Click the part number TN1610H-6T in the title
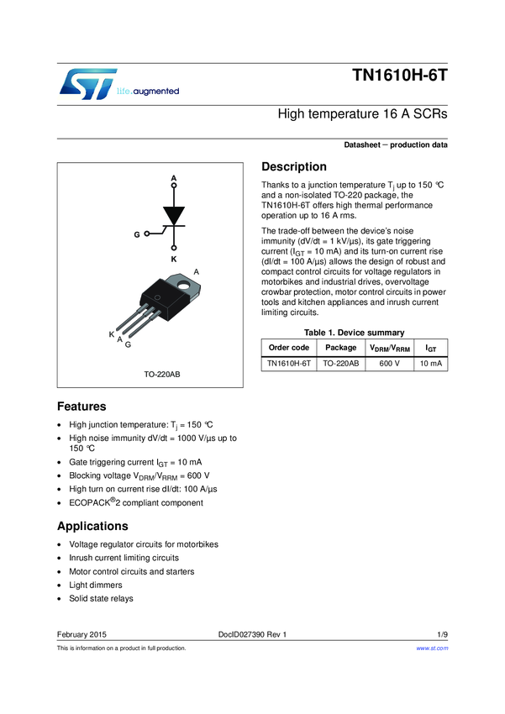click(x=400, y=75)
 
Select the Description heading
click(x=294, y=166)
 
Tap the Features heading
click(x=81, y=406)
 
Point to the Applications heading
click(x=92, y=526)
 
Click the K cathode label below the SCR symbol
click(x=174, y=260)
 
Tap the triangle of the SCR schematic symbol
click(x=174, y=215)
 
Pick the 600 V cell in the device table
click(x=390, y=364)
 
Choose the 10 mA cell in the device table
click(x=430, y=364)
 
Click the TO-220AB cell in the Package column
click(x=341, y=364)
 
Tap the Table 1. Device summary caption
click(x=354, y=333)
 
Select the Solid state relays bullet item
click(x=101, y=598)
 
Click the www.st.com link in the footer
click(x=432, y=648)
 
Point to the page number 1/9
click(x=442, y=634)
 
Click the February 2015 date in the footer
click(x=82, y=634)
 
